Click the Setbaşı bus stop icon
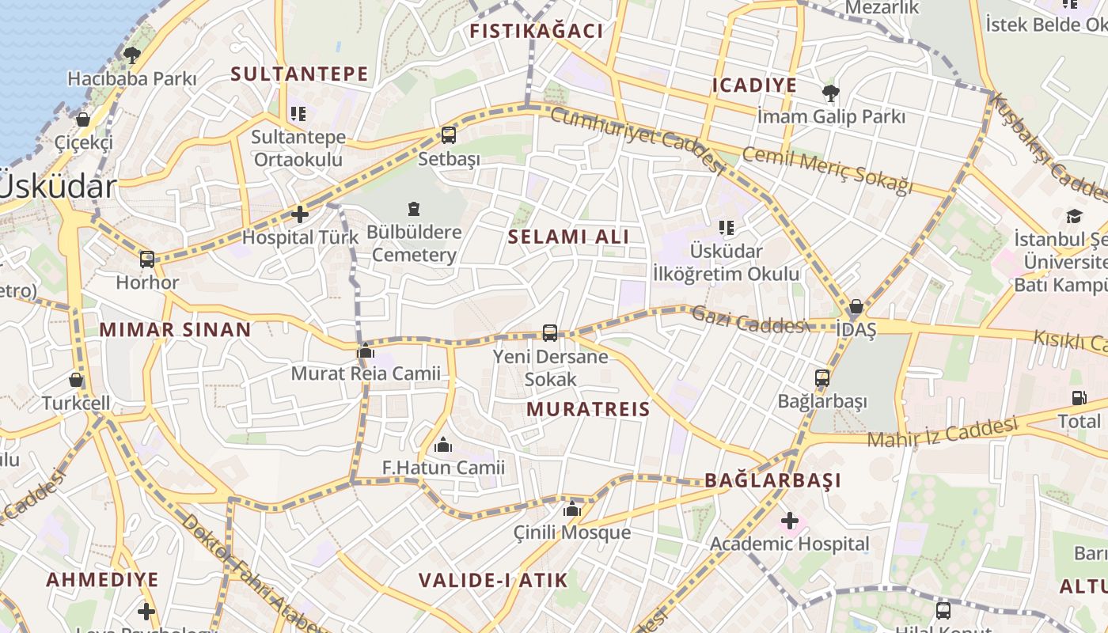pos(449,135)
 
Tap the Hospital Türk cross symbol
pos(300,214)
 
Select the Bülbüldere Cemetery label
pos(414,244)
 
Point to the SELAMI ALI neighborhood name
pos(568,237)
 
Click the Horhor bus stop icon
pos(147,259)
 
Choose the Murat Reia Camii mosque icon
pos(366,351)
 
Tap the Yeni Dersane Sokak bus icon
pos(550,333)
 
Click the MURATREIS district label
pos(588,409)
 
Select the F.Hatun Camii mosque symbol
pos(443,445)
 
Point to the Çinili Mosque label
pos(572,533)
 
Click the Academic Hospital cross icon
pos(789,521)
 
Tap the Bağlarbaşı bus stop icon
pos(822,378)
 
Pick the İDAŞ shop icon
pos(856,306)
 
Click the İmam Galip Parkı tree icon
pos(830,93)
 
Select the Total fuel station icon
pos(1079,398)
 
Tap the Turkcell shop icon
pos(76,380)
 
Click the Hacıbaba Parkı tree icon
pos(131,55)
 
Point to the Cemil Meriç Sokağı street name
pos(827,170)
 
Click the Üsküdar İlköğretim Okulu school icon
pos(726,229)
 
